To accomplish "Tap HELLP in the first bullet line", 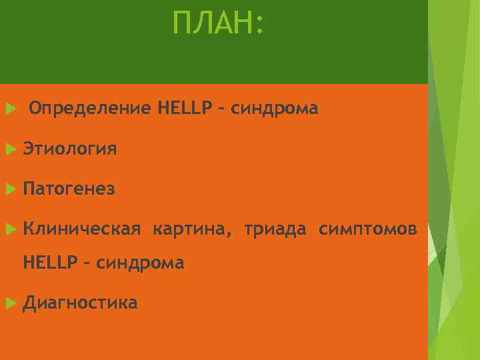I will click(x=185, y=108).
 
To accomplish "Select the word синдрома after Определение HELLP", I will click(x=275, y=108).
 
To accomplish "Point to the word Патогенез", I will click(x=69, y=190).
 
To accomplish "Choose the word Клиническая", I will click(x=81, y=230).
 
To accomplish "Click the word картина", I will click(x=191, y=230).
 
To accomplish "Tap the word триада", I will click(x=275, y=230).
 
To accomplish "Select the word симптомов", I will click(x=368, y=230).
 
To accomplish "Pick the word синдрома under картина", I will click(x=140, y=263).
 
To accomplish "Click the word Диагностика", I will click(x=80, y=304).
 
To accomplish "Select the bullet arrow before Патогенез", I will click(x=9, y=190).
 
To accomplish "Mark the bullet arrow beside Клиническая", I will click(x=9, y=230).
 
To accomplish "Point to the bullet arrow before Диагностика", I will click(x=9, y=304).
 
